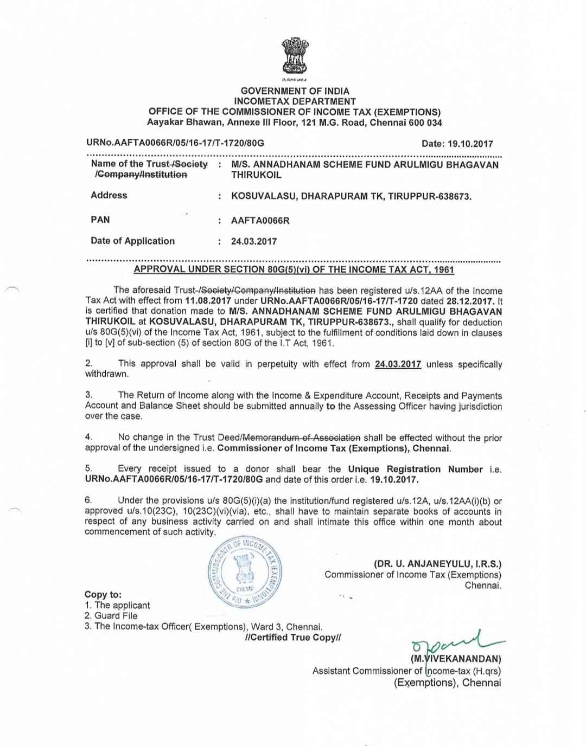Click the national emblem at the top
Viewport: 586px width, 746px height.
pos(295,56)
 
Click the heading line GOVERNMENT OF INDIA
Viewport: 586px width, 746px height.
pos(295,91)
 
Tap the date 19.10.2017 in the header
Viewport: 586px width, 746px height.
pos(470,144)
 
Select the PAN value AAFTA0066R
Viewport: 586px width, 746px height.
pos(260,221)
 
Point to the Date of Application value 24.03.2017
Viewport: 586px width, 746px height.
pos(254,241)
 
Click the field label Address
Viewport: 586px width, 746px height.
pos(109,195)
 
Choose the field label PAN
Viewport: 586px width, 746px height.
pos(100,220)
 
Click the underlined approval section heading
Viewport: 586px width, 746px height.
pos(294,269)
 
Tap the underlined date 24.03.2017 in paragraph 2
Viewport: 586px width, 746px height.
pos(398,364)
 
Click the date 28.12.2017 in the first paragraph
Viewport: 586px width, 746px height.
pos(470,301)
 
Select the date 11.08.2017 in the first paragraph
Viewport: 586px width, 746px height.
pos(208,301)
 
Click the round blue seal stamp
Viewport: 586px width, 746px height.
pos(245,572)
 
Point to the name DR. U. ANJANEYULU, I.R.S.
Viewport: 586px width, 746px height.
pos(437,564)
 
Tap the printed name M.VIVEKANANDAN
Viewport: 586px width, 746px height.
pos(456,659)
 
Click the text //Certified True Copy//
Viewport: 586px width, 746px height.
pos(293,638)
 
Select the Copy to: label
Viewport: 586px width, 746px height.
pos(103,595)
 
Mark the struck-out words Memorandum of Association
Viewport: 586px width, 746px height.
pos(301,438)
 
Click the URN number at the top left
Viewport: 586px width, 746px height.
pos(175,143)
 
